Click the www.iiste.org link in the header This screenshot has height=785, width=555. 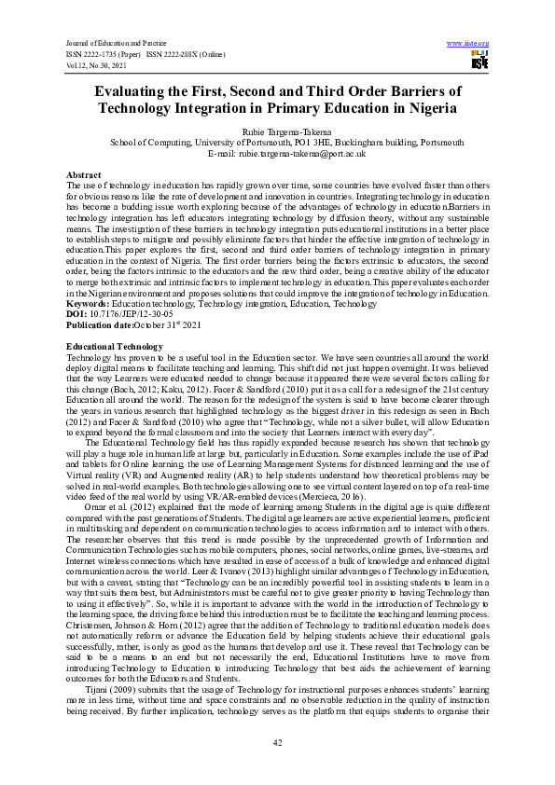pos(468,44)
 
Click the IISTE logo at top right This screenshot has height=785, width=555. pos(479,62)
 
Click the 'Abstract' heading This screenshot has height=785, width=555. pos(83,174)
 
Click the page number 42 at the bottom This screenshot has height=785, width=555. pos(277,741)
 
